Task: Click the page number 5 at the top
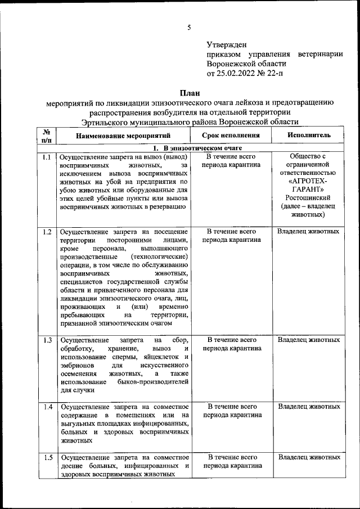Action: click(189, 27)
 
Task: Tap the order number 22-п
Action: click(277, 73)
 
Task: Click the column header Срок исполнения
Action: click(232, 136)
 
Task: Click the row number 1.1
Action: click(47, 156)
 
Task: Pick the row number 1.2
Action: click(47, 231)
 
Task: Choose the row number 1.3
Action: click(47, 340)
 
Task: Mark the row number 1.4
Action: click(47, 406)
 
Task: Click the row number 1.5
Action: click(47, 457)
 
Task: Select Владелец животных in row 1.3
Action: click(308, 340)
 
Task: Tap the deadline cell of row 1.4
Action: click(232, 411)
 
